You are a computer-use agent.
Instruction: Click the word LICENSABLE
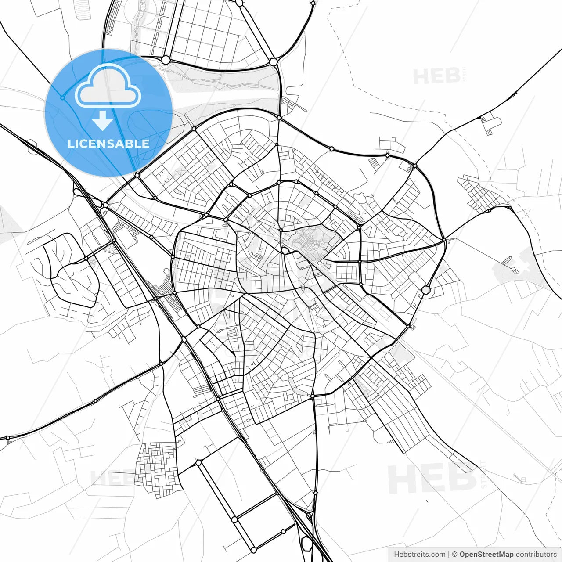tap(108, 144)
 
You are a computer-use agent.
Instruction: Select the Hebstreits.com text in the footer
tap(419, 555)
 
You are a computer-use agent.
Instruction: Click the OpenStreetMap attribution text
tap(486, 555)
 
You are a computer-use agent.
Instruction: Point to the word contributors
tap(536, 555)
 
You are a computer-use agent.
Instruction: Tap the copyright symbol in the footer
tap(454, 555)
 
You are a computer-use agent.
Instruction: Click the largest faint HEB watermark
tap(432, 478)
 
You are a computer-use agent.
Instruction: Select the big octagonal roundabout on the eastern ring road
tap(426, 289)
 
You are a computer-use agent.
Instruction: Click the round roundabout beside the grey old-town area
tap(285, 251)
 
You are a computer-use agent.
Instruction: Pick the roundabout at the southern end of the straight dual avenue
tap(253, 550)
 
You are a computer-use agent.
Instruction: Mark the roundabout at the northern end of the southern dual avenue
tap(198, 462)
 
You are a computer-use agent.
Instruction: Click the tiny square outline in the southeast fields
tap(523, 479)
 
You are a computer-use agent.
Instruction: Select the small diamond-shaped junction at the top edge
tap(313, 3)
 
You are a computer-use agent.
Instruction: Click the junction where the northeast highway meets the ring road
tap(415, 166)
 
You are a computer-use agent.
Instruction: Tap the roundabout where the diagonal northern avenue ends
tap(274, 62)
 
